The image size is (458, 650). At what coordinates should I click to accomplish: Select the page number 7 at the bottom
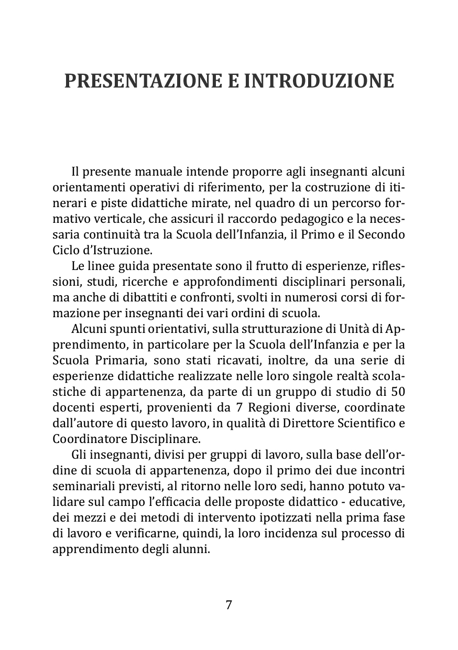(229, 604)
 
